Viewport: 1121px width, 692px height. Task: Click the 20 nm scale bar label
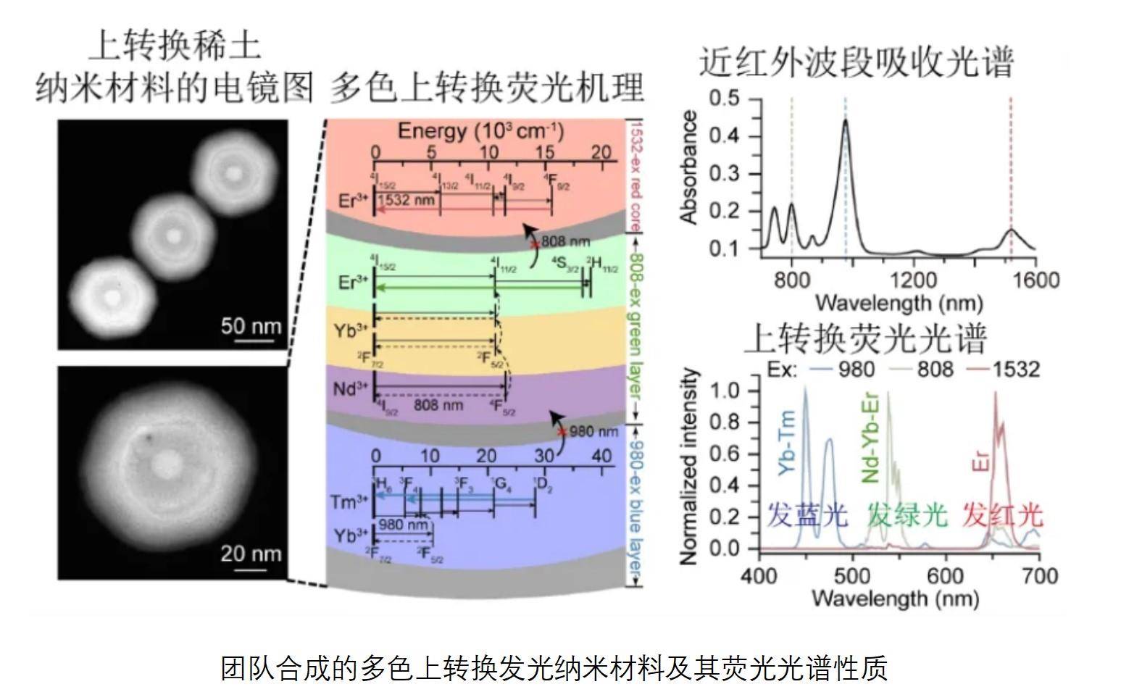pyautogui.click(x=251, y=554)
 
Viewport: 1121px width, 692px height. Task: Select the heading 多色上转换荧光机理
pyautogui.click(x=487, y=88)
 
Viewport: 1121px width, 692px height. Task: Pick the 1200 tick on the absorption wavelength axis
pyautogui.click(x=916, y=280)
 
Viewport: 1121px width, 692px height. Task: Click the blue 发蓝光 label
pyautogui.click(x=807, y=515)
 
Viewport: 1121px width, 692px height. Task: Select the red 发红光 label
pyautogui.click(x=1003, y=515)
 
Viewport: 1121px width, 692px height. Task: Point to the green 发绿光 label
pyautogui.click(x=907, y=515)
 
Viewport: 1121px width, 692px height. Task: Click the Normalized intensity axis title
pyautogui.click(x=690, y=467)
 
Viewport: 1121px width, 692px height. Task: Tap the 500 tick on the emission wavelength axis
pyautogui.click(x=853, y=577)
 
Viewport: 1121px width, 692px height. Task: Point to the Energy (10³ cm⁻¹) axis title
pyautogui.click(x=480, y=131)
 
